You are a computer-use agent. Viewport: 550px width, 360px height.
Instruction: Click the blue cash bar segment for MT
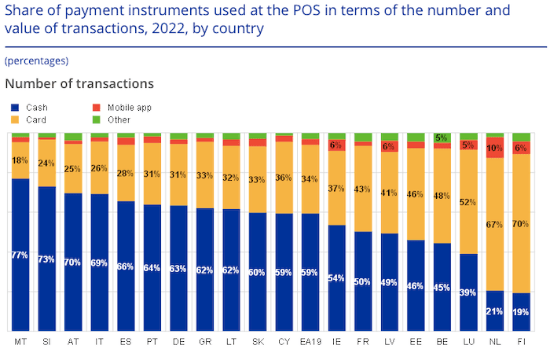pyautogui.click(x=20, y=255)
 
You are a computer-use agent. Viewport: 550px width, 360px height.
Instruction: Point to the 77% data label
pyautogui.click(x=20, y=255)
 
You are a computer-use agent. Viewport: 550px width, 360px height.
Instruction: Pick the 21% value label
pyautogui.click(x=495, y=311)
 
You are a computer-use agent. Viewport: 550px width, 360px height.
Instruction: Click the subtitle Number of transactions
pyautogui.click(x=79, y=83)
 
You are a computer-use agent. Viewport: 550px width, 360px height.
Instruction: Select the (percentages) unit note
pyautogui.click(x=36, y=61)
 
